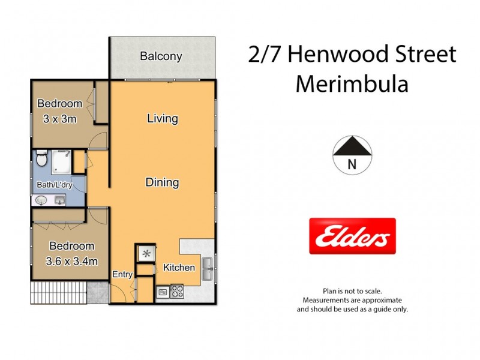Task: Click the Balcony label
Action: [161, 56]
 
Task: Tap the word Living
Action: [162, 118]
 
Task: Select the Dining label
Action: [162, 182]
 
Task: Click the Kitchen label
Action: [179, 267]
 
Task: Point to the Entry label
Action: [122, 274]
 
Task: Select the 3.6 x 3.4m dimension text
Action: [73, 261]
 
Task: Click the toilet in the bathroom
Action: [41, 160]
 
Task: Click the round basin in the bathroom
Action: [43, 200]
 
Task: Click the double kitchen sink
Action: [208, 269]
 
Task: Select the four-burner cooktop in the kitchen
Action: [178, 292]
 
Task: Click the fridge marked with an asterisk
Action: [145, 254]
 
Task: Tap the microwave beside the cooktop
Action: [163, 293]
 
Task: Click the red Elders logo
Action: [352, 236]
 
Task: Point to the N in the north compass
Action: [352, 164]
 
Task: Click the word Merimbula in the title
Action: [352, 84]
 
